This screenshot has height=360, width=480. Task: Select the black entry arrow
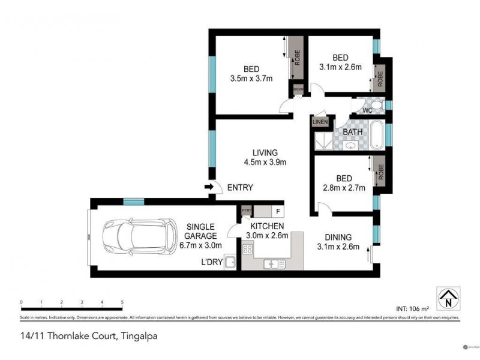click(x=209, y=188)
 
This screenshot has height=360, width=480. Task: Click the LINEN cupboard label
click(x=320, y=122)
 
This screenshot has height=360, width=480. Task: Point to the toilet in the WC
click(x=376, y=105)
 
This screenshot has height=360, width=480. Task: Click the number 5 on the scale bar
click(x=122, y=302)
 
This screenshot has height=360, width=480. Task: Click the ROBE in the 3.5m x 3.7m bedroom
click(x=296, y=58)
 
